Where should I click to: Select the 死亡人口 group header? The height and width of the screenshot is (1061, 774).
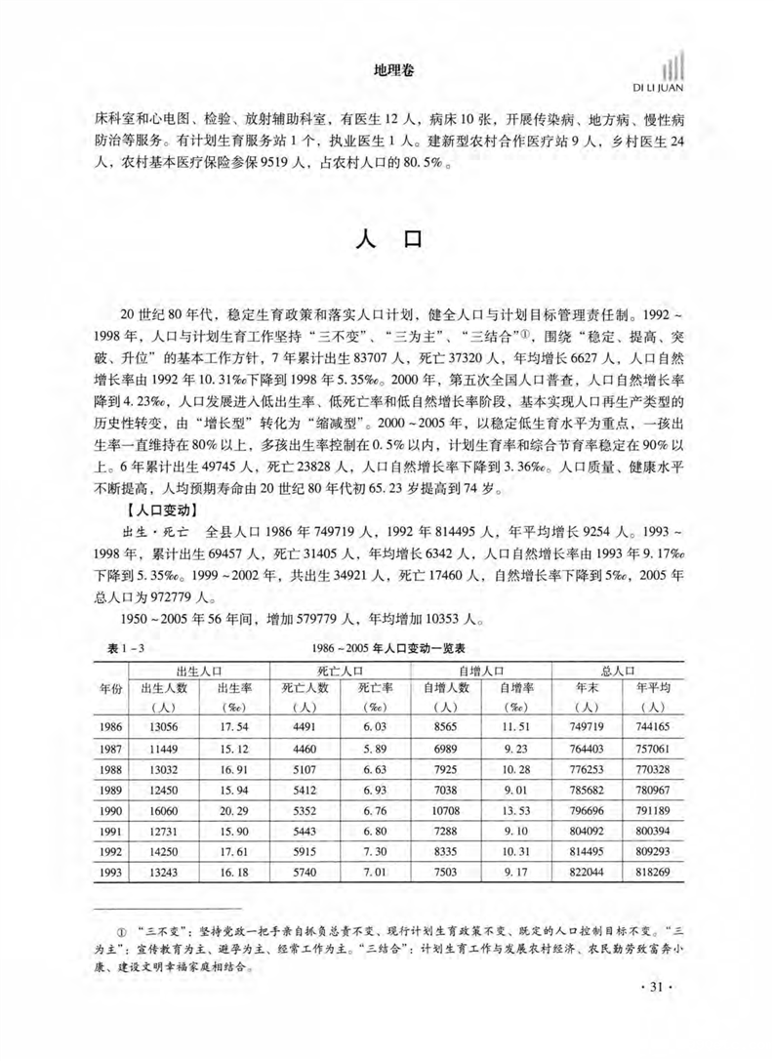pyautogui.click(x=342, y=671)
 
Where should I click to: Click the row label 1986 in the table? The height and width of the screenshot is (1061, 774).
pyautogui.click(x=113, y=728)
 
